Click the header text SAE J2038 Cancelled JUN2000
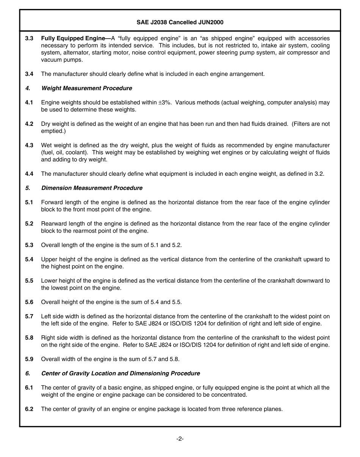click(x=180, y=22)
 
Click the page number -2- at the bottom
click(x=180, y=439)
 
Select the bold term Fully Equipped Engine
click(x=73, y=38)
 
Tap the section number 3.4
click(x=29, y=74)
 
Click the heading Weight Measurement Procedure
click(x=86, y=88)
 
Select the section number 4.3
click(x=29, y=145)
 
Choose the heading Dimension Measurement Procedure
click(x=92, y=188)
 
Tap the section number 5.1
click(x=29, y=202)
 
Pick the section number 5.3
click(x=29, y=245)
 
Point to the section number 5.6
click(x=29, y=302)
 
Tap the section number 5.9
click(x=29, y=359)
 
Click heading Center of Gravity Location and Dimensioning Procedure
click(x=121, y=374)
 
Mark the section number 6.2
click(x=29, y=409)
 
